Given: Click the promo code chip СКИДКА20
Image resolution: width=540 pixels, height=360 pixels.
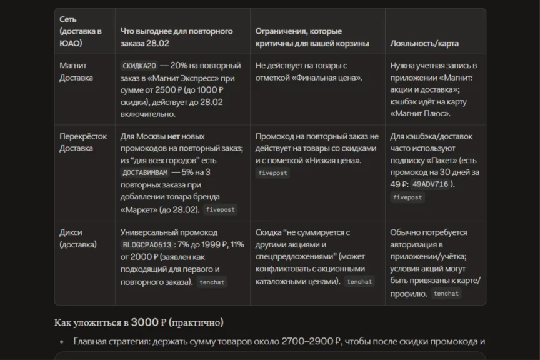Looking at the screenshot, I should click(139, 66).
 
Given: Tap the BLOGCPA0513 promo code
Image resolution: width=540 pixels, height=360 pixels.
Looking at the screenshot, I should click(146, 245).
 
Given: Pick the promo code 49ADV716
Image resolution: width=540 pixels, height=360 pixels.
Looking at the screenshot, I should click(431, 184).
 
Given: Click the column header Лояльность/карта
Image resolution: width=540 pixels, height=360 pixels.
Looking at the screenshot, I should click(424, 44).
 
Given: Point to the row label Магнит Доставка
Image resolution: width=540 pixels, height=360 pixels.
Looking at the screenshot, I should click(76, 71).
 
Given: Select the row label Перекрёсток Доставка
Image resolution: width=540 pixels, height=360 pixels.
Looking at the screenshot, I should click(83, 142).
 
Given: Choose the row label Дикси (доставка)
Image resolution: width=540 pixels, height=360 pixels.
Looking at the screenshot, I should click(78, 238).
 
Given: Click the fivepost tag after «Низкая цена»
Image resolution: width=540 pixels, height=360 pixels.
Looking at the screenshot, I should click(272, 173).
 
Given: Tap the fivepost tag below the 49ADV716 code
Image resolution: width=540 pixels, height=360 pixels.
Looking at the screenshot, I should click(407, 197).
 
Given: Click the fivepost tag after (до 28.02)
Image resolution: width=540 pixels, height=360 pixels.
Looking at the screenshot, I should click(220, 210).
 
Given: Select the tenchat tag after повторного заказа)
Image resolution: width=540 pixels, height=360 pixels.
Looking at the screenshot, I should click(212, 282).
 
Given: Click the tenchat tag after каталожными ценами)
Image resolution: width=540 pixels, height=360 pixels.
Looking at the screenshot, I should click(359, 282).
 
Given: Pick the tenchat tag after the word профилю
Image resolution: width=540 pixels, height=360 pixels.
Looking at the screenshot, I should click(446, 294).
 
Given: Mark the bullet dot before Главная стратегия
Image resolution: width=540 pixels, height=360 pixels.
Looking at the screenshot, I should click(61, 342).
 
